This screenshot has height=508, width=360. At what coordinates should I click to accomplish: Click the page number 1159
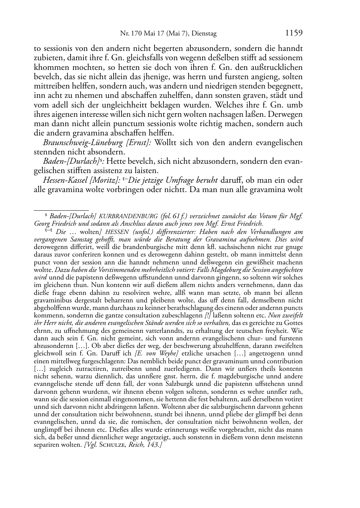[294, 33]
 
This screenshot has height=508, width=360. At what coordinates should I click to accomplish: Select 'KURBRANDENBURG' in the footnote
[128, 216]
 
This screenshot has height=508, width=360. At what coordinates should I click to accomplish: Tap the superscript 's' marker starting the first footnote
[46, 216]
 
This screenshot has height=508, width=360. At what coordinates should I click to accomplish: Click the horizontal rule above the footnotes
[61, 210]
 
